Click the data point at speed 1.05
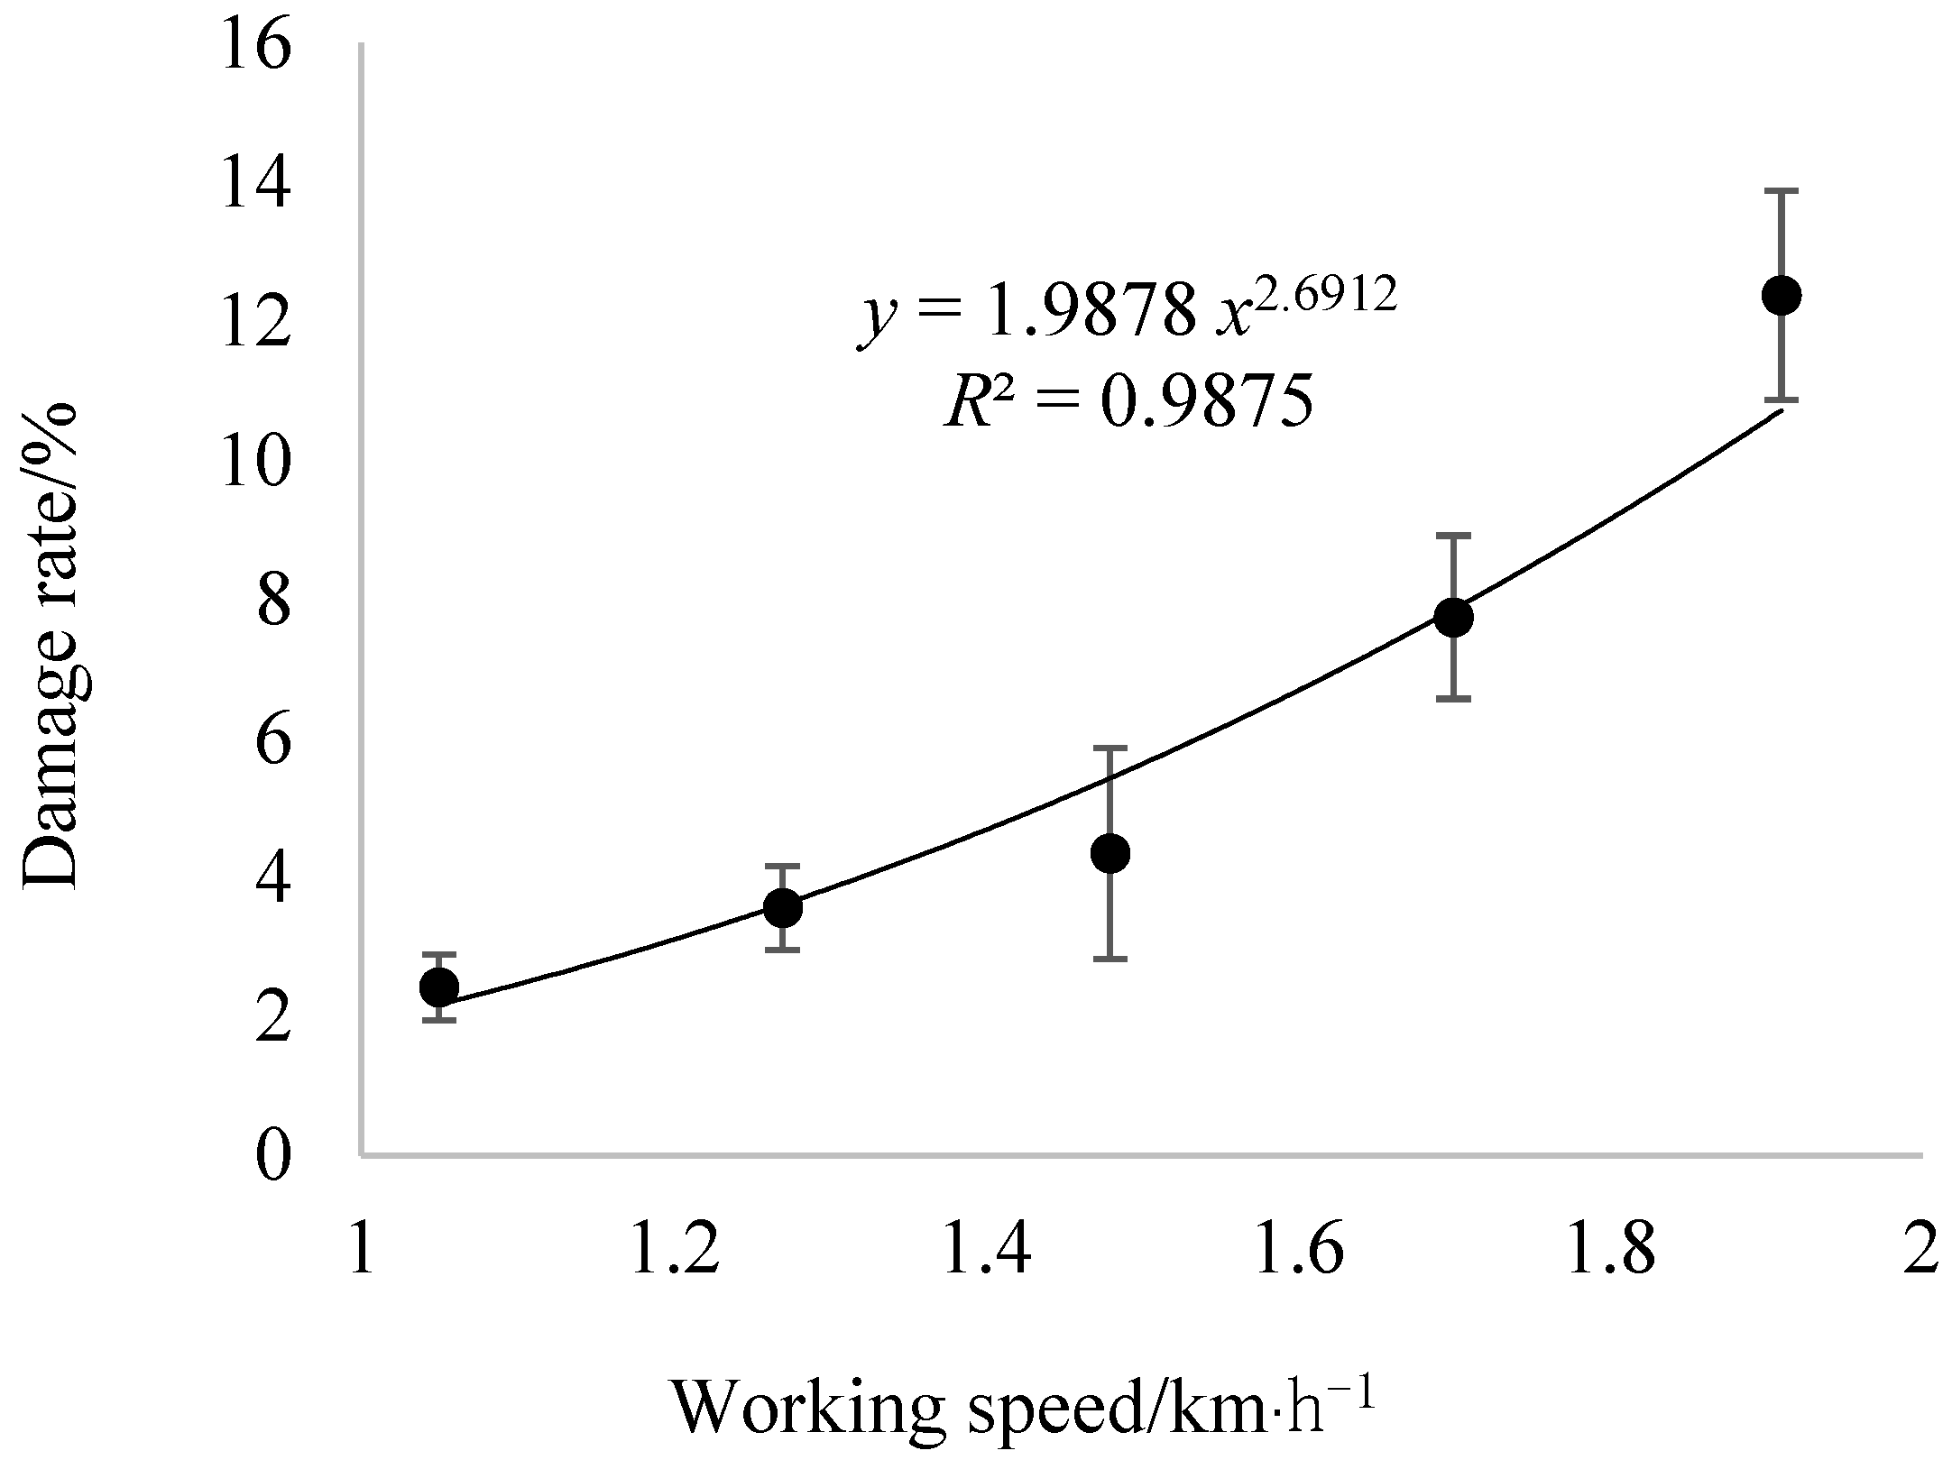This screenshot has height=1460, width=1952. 439,987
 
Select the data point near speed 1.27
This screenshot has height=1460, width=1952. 783,907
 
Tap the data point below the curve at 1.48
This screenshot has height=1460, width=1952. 1110,853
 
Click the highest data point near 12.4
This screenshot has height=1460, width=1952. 1782,295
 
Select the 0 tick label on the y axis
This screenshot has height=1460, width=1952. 274,1156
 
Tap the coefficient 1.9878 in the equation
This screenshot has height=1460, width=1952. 1093,309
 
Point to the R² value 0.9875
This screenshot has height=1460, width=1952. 1207,403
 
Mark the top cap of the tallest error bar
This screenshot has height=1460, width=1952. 1782,191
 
